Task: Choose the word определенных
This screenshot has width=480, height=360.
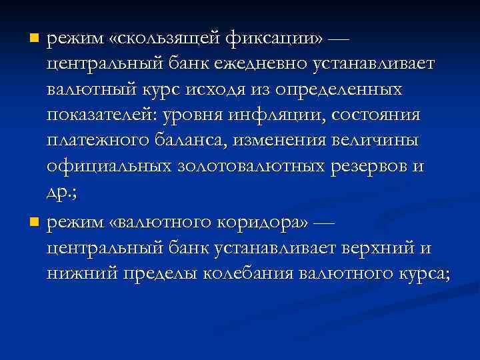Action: coord(345,89)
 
